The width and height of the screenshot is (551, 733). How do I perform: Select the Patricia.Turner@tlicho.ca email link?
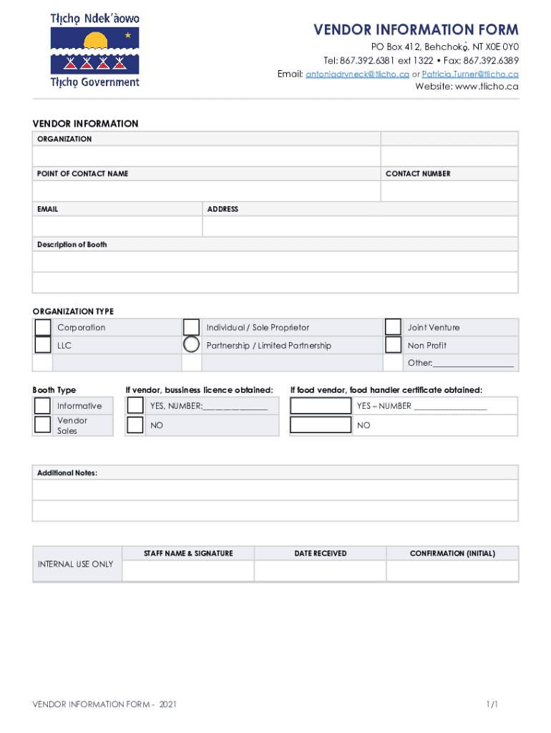pyautogui.click(x=470, y=74)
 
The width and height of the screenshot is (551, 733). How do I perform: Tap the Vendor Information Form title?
pyautogui.click(x=416, y=30)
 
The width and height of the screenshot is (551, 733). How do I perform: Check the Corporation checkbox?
pyautogui.click(x=43, y=327)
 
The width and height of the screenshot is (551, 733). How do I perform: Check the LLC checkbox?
pyautogui.click(x=43, y=345)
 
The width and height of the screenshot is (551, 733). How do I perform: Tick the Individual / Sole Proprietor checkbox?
pyautogui.click(x=191, y=327)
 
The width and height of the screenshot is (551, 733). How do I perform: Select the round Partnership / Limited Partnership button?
pyautogui.click(x=191, y=345)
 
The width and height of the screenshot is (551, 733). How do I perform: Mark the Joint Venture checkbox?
pyautogui.click(x=393, y=327)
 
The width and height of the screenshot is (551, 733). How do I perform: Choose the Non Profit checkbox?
pyautogui.click(x=393, y=345)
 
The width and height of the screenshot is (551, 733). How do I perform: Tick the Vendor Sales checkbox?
pyautogui.click(x=43, y=425)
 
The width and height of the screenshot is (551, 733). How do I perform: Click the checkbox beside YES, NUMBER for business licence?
pyautogui.click(x=135, y=406)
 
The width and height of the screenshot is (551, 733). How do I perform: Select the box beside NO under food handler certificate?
pyautogui.click(x=321, y=425)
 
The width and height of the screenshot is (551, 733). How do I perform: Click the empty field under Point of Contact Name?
pyautogui.click(x=206, y=191)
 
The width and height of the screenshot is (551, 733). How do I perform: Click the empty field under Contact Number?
pyautogui.click(x=449, y=191)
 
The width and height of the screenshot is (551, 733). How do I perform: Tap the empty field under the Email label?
pyautogui.click(x=117, y=226)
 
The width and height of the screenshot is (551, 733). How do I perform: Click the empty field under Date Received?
pyautogui.click(x=320, y=571)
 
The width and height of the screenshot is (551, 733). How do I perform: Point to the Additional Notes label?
pyautogui.click(x=67, y=473)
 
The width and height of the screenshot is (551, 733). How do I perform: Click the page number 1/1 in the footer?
pyautogui.click(x=492, y=705)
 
